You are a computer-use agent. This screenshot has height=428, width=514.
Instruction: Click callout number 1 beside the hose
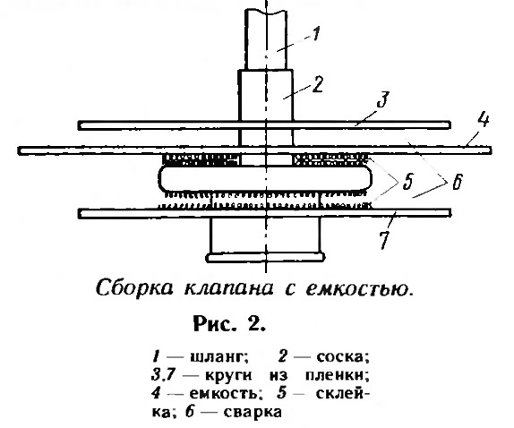click(315, 34)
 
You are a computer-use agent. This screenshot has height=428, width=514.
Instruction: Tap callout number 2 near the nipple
click(317, 84)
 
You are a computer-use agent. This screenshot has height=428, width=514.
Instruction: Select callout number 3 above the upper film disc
click(382, 99)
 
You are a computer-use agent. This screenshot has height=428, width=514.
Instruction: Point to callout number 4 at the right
click(484, 119)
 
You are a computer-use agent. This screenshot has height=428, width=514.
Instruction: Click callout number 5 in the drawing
click(407, 182)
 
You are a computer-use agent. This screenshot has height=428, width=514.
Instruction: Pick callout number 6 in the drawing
click(458, 182)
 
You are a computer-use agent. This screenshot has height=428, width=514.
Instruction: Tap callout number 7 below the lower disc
click(384, 240)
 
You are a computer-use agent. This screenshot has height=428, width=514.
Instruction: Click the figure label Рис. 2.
click(229, 324)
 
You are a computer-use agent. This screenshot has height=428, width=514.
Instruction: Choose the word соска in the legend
click(343, 356)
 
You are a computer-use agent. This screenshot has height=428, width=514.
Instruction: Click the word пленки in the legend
click(335, 375)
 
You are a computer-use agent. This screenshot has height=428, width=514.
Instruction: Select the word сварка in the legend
click(253, 412)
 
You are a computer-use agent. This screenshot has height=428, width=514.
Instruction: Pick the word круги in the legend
click(229, 375)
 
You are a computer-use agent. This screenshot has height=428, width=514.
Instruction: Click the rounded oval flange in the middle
click(265, 178)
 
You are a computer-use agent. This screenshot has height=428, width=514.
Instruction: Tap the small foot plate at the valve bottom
click(265, 257)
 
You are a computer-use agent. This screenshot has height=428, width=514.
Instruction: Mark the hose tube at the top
click(266, 39)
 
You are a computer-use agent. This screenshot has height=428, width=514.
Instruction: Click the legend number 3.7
click(164, 375)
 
